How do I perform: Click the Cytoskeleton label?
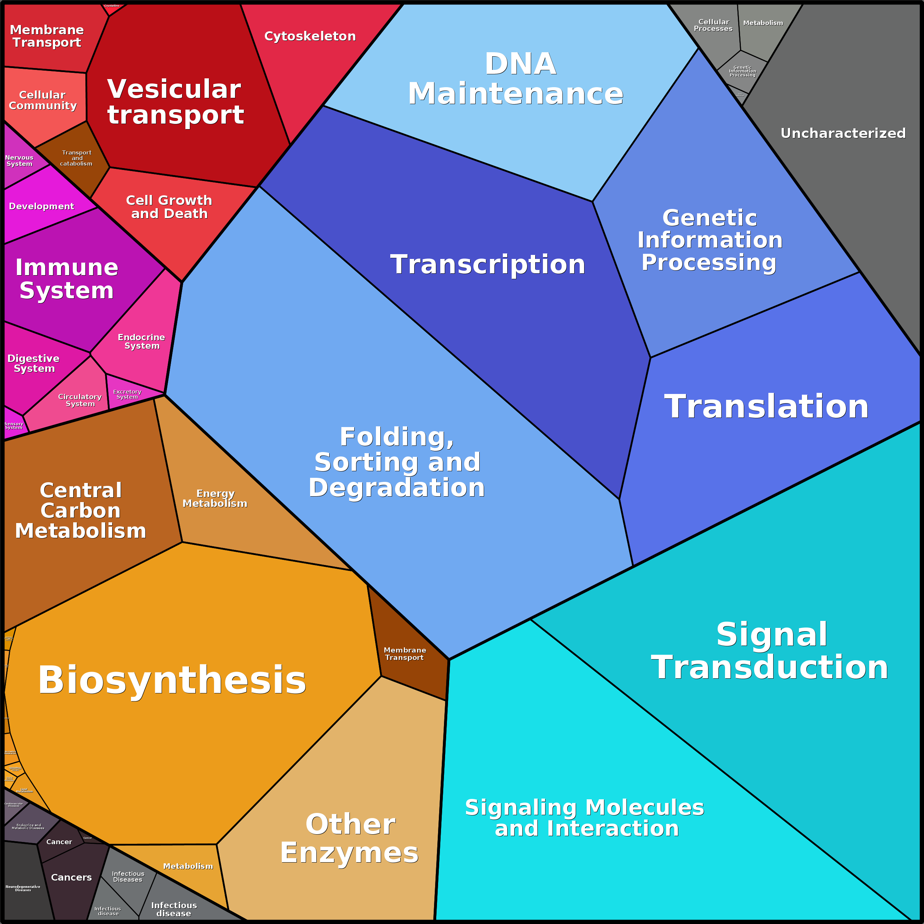[x=310, y=36]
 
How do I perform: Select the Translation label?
[x=766, y=406]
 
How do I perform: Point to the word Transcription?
[x=488, y=264]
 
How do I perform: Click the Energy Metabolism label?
[x=215, y=498]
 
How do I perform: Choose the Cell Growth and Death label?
[x=169, y=207]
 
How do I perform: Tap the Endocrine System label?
[x=142, y=341]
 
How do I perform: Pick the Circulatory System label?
[x=80, y=400]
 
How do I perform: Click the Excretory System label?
[x=127, y=394]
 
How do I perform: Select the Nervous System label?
[x=19, y=161]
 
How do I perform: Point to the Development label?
[x=42, y=206]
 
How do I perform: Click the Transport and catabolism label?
[x=77, y=158]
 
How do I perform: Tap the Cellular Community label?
[x=43, y=100]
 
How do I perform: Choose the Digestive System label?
[x=33, y=363]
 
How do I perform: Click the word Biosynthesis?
[x=172, y=680]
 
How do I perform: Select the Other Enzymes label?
[x=349, y=838]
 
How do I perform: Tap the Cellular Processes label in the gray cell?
[x=713, y=25]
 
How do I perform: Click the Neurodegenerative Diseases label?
[x=23, y=888]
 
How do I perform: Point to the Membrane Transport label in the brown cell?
[x=405, y=654]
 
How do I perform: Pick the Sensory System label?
[x=13, y=425]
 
